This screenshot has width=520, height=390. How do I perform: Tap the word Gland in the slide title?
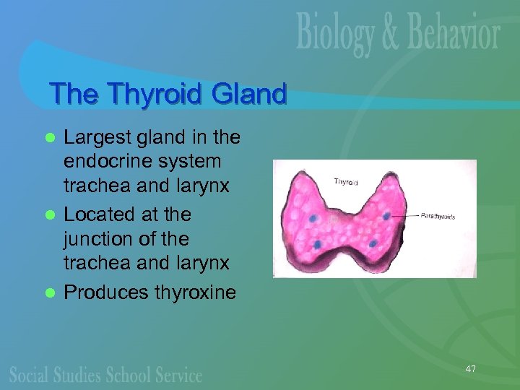click(249, 94)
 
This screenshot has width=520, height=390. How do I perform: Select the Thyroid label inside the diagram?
click(347, 182)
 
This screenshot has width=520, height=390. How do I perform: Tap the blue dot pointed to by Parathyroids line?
click(387, 216)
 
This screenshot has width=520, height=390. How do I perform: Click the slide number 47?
click(470, 370)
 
